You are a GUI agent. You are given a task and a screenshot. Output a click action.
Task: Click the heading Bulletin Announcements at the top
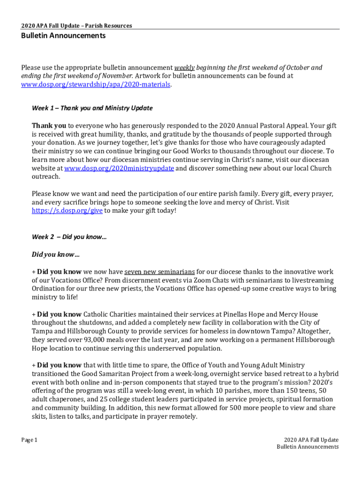coord(63,36)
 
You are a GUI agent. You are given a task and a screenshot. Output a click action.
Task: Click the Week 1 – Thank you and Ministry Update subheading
coord(92,108)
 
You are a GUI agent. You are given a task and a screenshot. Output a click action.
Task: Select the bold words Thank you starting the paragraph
coord(49,125)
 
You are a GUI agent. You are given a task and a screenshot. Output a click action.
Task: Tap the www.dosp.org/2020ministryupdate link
coord(119,168)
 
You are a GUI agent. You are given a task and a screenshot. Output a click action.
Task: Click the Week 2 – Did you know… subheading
coord(69,237)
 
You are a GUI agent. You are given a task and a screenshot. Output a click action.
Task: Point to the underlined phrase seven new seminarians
coord(159,271)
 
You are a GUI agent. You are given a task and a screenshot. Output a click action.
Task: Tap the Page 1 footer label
coord(29,440)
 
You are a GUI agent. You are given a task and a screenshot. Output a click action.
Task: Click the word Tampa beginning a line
coord(42,331)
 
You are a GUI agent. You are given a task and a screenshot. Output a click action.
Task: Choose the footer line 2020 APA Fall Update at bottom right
coord(311,440)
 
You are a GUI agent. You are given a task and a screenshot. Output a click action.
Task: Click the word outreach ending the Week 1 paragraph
coord(46,177)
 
